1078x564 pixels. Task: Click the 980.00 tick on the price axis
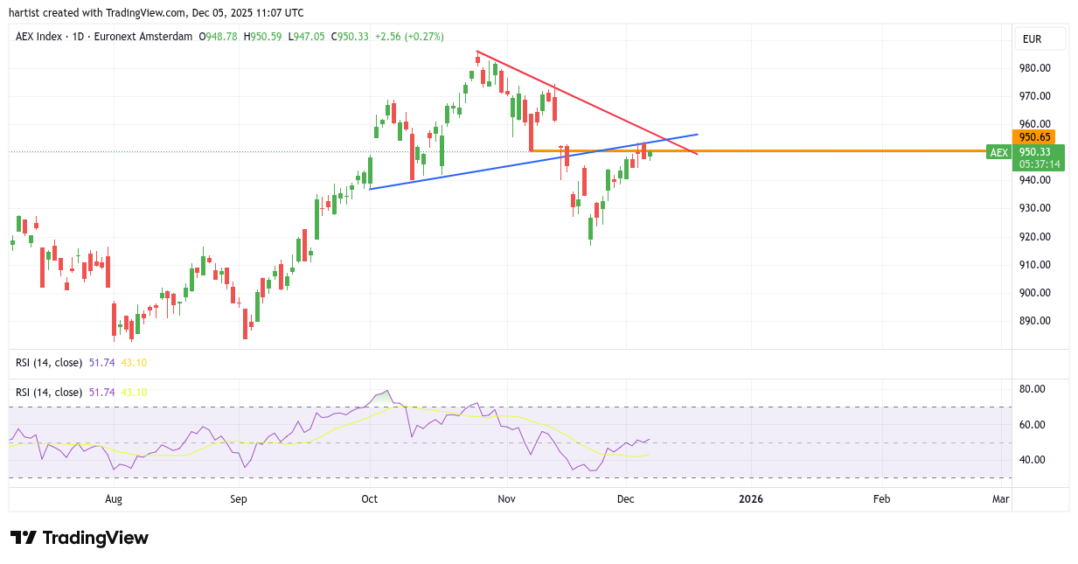pyautogui.click(x=1034, y=68)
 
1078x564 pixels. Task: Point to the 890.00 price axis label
pyautogui.click(x=1034, y=321)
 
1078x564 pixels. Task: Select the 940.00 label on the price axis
pyautogui.click(x=1034, y=180)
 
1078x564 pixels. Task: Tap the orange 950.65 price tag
pyautogui.click(x=1033, y=137)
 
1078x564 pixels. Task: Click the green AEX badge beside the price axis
pyautogui.click(x=998, y=152)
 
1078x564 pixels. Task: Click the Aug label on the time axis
pyautogui.click(x=114, y=499)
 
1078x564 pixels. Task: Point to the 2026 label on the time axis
pyautogui.click(x=750, y=499)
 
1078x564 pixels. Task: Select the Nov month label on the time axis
pyautogui.click(x=506, y=499)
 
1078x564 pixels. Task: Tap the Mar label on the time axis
pyautogui.click(x=1000, y=499)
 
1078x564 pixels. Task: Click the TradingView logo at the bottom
pyautogui.click(x=80, y=538)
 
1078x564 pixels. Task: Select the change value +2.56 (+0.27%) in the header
pyautogui.click(x=409, y=37)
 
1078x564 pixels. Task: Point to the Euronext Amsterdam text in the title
pyautogui.click(x=149, y=37)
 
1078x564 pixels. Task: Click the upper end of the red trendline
pyautogui.click(x=476, y=52)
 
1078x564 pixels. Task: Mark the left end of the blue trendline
pyautogui.click(x=371, y=189)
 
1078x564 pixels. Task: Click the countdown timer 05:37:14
pyautogui.click(x=1040, y=164)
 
